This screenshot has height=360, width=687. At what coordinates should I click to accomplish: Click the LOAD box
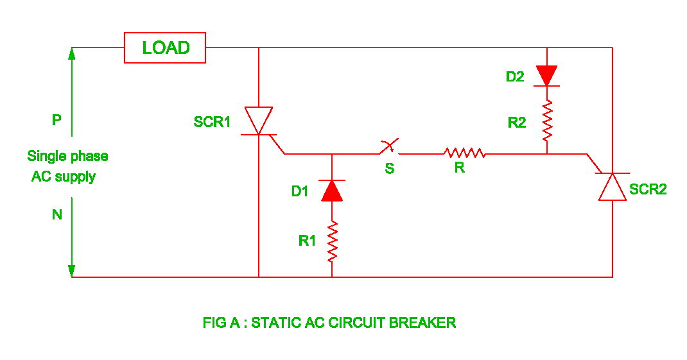pyautogui.click(x=165, y=48)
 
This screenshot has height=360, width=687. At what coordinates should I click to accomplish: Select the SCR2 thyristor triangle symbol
pyautogui.click(x=612, y=187)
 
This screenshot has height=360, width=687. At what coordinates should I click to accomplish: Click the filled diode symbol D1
pyautogui.click(x=332, y=191)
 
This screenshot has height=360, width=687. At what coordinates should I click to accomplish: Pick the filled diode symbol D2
pyautogui.click(x=547, y=75)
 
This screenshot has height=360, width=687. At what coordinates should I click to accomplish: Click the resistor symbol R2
pyautogui.click(x=547, y=122)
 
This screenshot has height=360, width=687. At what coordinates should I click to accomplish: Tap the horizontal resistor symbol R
pyautogui.click(x=464, y=153)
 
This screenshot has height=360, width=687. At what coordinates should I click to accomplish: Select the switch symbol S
pyautogui.click(x=389, y=148)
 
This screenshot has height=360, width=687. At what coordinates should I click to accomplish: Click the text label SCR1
pyautogui.click(x=212, y=122)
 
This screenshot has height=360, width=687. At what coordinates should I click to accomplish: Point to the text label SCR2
pyautogui.click(x=648, y=189)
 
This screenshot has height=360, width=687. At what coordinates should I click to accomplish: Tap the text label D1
pyautogui.click(x=300, y=191)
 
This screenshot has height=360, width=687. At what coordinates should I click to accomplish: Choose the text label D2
pyautogui.click(x=515, y=77)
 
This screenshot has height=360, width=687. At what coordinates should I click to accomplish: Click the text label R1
pyautogui.click(x=307, y=241)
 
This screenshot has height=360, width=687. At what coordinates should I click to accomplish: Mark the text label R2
pyautogui.click(x=517, y=123)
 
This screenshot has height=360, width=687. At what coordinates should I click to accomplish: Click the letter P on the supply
pyautogui.click(x=57, y=120)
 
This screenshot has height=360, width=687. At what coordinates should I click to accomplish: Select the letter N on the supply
pyautogui.click(x=57, y=215)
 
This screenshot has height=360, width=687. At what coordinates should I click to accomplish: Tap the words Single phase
pyautogui.click(x=67, y=156)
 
